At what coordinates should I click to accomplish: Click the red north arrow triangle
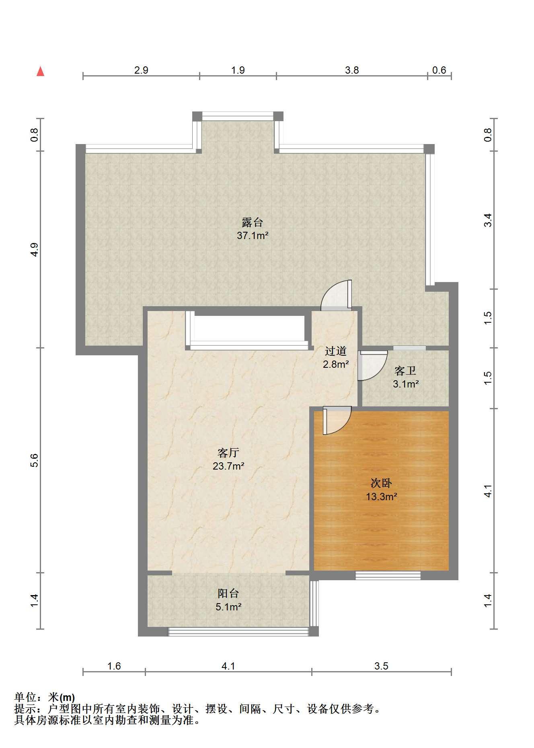(x=40, y=72)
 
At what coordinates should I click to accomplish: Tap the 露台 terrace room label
(x=252, y=223)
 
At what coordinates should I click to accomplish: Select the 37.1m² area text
(x=253, y=236)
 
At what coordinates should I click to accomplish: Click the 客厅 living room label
(x=228, y=453)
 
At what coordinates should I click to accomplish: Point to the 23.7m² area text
(x=228, y=466)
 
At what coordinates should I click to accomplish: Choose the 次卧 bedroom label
(x=381, y=483)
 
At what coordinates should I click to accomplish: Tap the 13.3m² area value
(x=381, y=497)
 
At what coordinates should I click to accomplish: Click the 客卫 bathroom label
(x=405, y=371)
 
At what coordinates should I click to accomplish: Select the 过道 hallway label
(x=336, y=351)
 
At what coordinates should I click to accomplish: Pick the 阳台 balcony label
(x=228, y=593)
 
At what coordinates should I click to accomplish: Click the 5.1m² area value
(x=228, y=607)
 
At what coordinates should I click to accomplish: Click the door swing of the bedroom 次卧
(x=337, y=421)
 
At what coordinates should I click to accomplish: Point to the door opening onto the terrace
(x=337, y=295)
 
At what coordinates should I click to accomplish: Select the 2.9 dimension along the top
(x=141, y=70)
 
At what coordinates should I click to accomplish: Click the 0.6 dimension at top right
(x=439, y=70)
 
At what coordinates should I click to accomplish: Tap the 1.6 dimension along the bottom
(x=114, y=666)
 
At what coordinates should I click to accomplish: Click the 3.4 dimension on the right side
(x=488, y=220)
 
